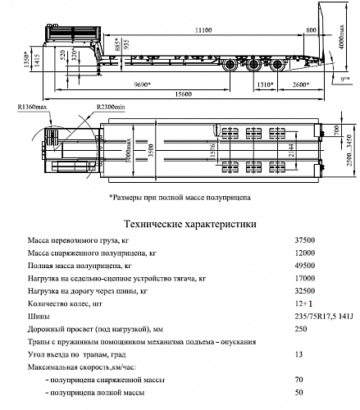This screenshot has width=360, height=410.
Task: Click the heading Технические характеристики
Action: pyautogui.click(x=189, y=223)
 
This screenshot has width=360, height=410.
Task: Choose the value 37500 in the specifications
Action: pyautogui.click(x=303, y=240)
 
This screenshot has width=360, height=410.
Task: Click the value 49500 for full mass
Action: pyautogui.click(x=303, y=266)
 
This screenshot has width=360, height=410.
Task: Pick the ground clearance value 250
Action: pyautogui.click(x=301, y=328)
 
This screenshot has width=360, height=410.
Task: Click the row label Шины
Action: pyautogui.click(x=39, y=316)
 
